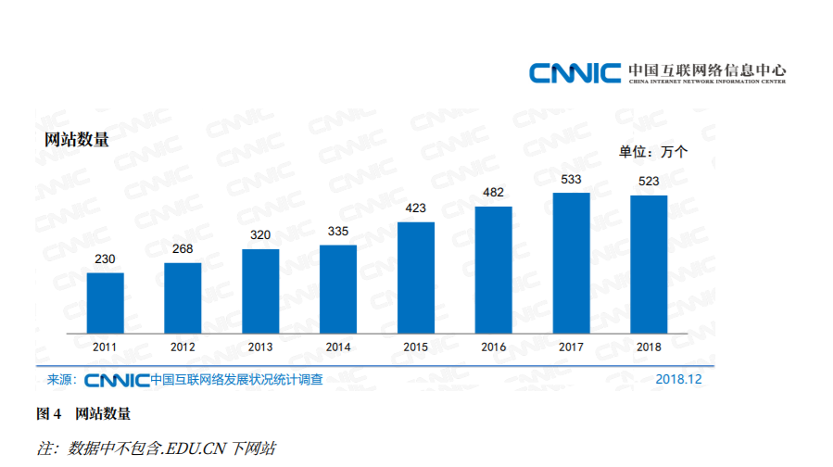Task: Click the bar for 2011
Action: pos(105,303)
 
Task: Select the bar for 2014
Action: pos(338,289)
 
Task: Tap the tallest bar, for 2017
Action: pos(572,263)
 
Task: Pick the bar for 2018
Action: pos(649,264)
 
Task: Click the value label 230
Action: pos(105,259)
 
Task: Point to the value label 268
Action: pos(183,249)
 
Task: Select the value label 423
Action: pos(416,208)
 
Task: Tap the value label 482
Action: pos(494,193)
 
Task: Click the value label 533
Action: pos(572,179)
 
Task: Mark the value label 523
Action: pos(649,181)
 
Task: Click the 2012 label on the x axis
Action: pos(183,347)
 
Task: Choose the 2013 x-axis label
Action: pos(260,347)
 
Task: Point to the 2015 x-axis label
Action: pos(416,347)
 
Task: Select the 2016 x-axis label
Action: pos(494,347)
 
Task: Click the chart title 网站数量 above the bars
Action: pos(77,140)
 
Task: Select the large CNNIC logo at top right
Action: pos(574,72)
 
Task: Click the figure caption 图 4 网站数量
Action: pos(82,413)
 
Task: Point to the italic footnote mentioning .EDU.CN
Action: pos(156,448)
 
